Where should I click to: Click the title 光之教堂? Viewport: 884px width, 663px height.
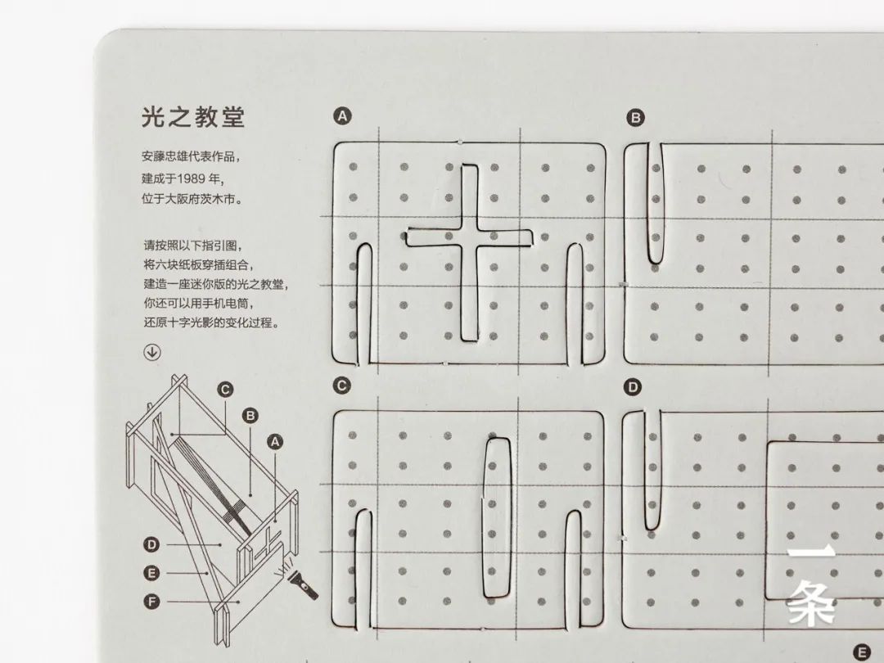pos(193,117)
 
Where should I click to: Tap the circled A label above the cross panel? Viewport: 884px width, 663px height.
pos(342,116)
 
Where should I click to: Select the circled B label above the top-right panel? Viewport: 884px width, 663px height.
pos(635,118)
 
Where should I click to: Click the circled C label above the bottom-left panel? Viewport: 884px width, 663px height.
pos(341,386)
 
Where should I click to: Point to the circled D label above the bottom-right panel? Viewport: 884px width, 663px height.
pos(633,386)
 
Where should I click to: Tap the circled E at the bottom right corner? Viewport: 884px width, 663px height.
pos(862,652)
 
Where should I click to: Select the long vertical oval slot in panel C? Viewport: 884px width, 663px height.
pos(496,517)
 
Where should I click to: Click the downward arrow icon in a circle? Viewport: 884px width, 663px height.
pos(151,352)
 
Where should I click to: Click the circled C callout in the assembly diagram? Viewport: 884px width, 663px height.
pos(225,390)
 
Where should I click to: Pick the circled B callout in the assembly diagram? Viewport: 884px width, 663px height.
pos(250,416)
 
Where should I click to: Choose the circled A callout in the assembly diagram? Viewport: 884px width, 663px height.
pos(274,441)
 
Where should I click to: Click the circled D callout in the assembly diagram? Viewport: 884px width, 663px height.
pos(151,544)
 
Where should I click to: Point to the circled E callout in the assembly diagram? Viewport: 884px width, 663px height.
pos(151,573)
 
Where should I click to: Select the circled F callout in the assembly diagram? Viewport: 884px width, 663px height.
pos(151,602)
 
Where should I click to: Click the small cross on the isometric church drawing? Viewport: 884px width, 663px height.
pos(267,543)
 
